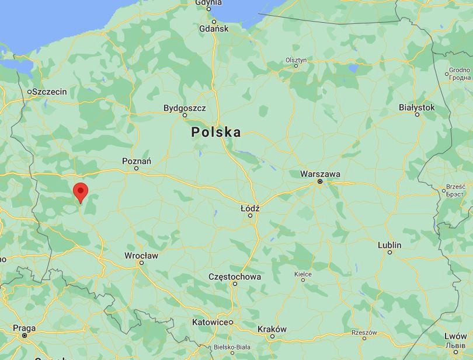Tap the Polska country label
pos(216,132)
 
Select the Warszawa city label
pos(320,174)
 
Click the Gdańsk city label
pos(214,29)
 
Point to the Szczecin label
pos(50,92)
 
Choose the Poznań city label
pos(137,160)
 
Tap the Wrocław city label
pos(141,256)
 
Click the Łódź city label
pos(250,208)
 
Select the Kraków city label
pos(272,329)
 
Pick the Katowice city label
pos(210,322)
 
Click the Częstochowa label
pos(235,277)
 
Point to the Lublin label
pos(389,244)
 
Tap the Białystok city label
pos(417,107)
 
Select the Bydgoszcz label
pos(185,108)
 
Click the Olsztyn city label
pos(296,60)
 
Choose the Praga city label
pos(25,328)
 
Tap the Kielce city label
pos(302,273)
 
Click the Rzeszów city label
pos(364,332)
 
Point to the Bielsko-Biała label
pos(232,345)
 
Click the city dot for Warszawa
pos(320,182)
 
